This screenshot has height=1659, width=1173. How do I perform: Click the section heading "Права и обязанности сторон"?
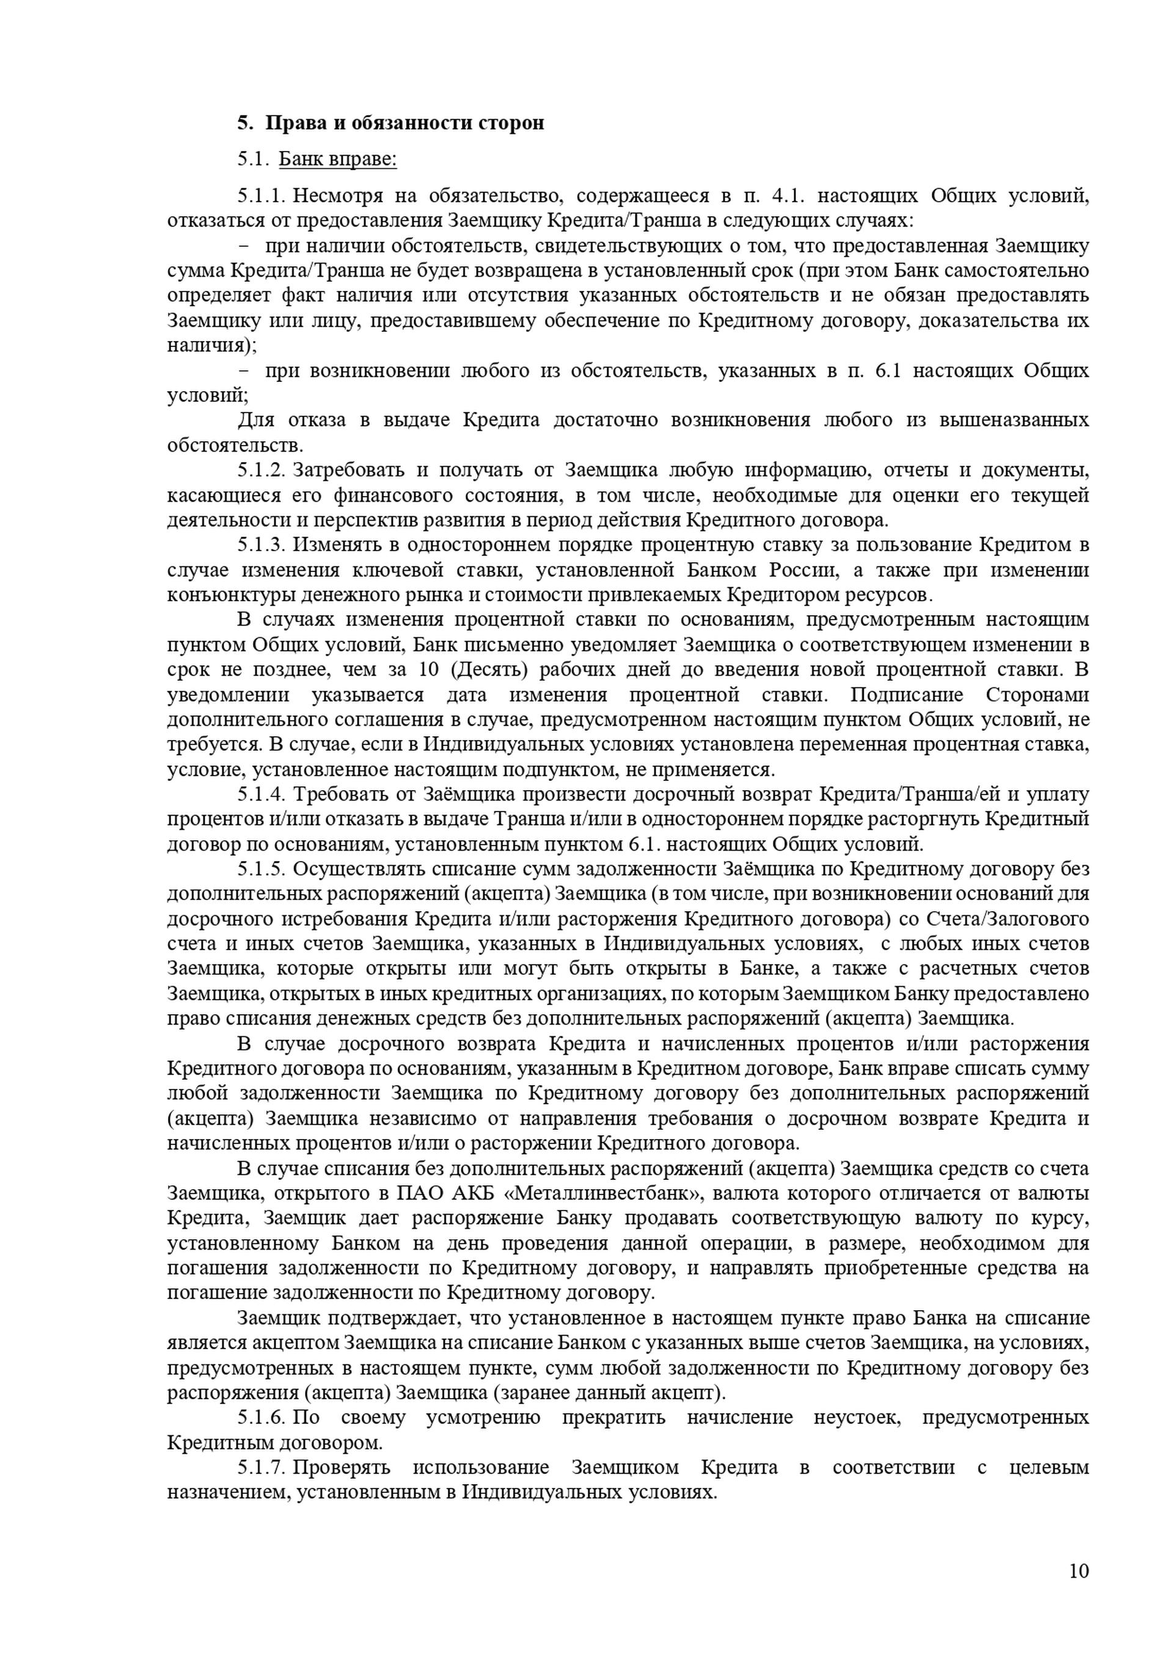point(404,123)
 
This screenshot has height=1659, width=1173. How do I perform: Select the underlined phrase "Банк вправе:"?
point(337,159)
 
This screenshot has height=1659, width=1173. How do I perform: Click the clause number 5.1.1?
point(262,196)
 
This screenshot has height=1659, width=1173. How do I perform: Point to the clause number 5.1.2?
point(262,471)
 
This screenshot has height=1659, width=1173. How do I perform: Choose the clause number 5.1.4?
point(262,795)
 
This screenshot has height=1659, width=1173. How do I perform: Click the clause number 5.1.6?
point(262,1418)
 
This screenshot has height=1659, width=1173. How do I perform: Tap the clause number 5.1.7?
point(262,1468)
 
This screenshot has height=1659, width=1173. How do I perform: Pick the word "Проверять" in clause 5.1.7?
point(342,1468)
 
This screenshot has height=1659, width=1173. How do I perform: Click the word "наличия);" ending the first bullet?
point(211,345)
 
